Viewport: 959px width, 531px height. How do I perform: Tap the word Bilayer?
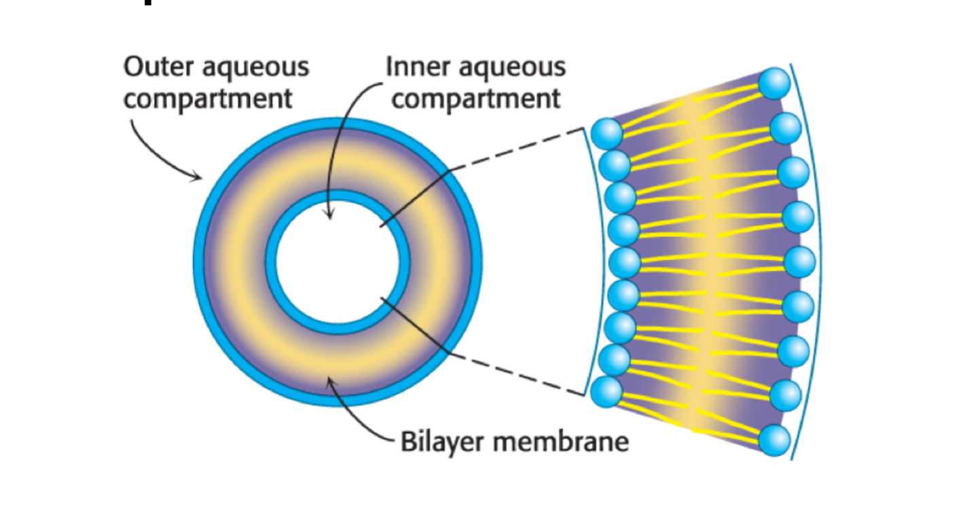pyautogui.click(x=442, y=442)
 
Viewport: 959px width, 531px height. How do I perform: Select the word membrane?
pyautogui.click(x=560, y=442)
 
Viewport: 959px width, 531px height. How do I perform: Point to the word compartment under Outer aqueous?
pyautogui.click(x=207, y=99)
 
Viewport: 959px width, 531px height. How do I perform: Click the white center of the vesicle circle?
pyautogui.click(x=338, y=262)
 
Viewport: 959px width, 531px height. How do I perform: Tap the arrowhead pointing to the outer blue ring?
pyautogui.click(x=198, y=178)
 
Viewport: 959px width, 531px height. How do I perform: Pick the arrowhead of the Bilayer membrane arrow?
pyautogui.click(x=330, y=380)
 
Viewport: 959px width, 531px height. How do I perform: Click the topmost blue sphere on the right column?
pyautogui.click(x=774, y=84)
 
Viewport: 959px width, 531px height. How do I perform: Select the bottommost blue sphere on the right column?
pyautogui.click(x=774, y=440)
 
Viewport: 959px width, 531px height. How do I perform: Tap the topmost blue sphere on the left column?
pyautogui.click(x=607, y=133)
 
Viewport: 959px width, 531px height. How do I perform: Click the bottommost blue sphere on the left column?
pyautogui.click(x=607, y=392)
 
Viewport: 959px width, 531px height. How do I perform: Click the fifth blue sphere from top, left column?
pyautogui.click(x=624, y=262)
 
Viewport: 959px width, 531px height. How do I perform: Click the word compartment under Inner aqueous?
pyautogui.click(x=476, y=99)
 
